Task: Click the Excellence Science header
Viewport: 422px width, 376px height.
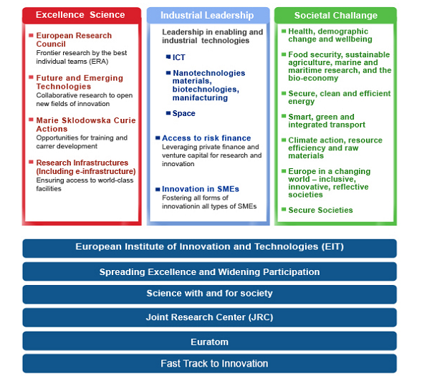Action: pyautogui.click(x=80, y=15)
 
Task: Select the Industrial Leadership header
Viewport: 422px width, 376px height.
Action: pyautogui.click(x=207, y=15)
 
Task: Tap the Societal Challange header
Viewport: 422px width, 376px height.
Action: pyautogui.click(x=335, y=15)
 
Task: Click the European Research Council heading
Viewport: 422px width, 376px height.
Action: pyautogui.click(x=74, y=39)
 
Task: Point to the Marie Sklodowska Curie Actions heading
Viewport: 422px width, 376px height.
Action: pyautogui.click(x=86, y=125)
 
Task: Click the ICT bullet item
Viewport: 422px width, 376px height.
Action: pyautogui.click(x=178, y=57)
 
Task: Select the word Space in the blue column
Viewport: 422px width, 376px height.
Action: pyautogui.click(x=184, y=113)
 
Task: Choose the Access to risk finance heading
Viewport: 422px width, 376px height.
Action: pyautogui.click(x=206, y=138)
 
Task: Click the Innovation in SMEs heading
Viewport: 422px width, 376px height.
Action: pyautogui.click(x=201, y=189)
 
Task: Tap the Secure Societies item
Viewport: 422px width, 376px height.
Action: pyautogui.click(x=320, y=210)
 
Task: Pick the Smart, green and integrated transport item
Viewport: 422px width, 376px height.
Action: pyautogui.click(x=327, y=121)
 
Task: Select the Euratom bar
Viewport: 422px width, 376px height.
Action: pyautogui.click(x=209, y=341)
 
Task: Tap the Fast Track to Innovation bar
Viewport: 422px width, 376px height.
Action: pyautogui.click(x=209, y=364)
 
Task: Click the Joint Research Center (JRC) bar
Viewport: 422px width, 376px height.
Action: pyautogui.click(x=209, y=317)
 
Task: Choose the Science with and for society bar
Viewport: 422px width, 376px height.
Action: pyautogui.click(x=209, y=294)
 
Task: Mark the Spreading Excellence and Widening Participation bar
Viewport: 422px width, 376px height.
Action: pyautogui.click(x=209, y=271)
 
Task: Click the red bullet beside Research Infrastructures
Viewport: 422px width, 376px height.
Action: pyautogui.click(x=31, y=162)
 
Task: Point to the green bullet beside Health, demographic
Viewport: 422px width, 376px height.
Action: pyautogui.click(x=284, y=31)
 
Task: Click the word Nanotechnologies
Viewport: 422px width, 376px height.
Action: pyautogui.click(x=208, y=73)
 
